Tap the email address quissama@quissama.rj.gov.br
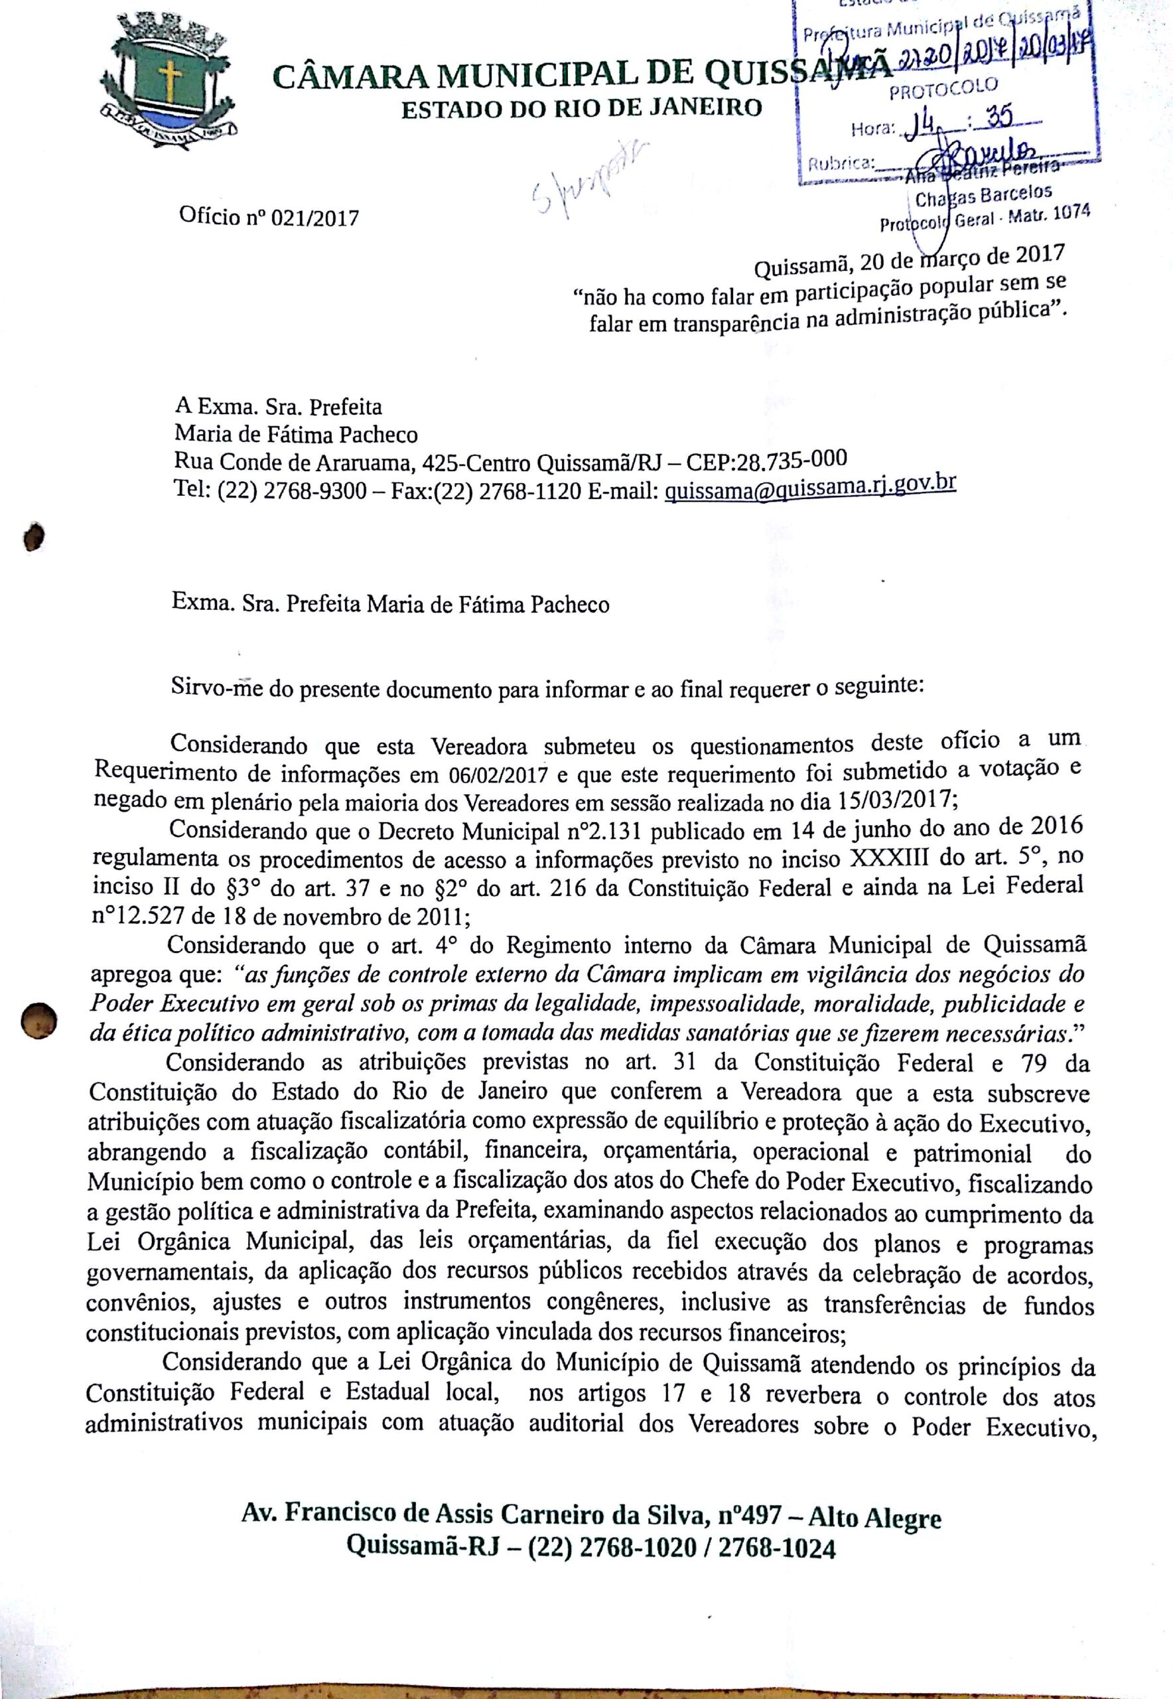pos(810,488)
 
